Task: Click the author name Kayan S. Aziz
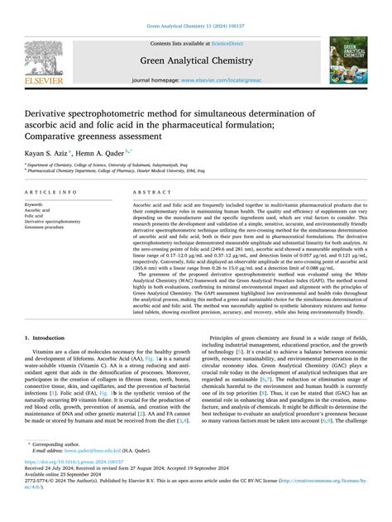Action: pyautogui.click(x=45, y=152)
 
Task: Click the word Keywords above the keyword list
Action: pyautogui.click(x=35, y=204)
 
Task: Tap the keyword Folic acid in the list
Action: pyautogui.click(x=35, y=216)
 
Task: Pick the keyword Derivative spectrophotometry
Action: pyautogui.click(x=53, y=222)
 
